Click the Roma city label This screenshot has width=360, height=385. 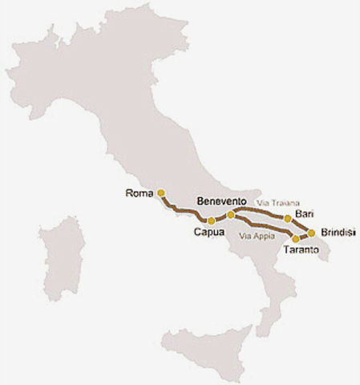coord(140,192)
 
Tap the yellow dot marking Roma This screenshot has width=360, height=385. coord(161,192)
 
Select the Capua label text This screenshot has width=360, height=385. coord(208,233)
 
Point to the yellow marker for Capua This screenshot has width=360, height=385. coord(211,221)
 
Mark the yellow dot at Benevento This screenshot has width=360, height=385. coord(231,214)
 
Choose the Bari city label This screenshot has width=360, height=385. coord(303,213)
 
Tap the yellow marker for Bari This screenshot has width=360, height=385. coord(288,218)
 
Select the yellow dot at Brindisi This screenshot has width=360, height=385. coord(312,233)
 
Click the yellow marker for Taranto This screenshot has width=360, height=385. coord(296,239)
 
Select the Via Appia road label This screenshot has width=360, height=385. coord(257,237)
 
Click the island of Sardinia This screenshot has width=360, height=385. coord(63,257)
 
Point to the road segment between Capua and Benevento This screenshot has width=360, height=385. coord(221,217)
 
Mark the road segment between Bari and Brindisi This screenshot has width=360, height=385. coord(301,225)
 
